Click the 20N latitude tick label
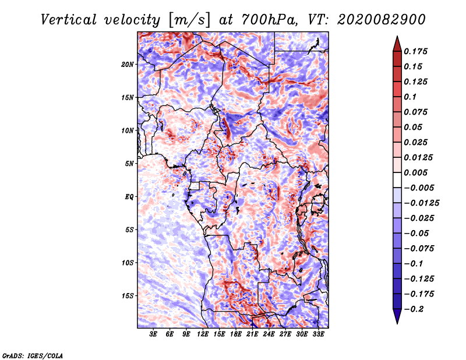point(128,65)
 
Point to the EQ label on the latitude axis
point(129,197)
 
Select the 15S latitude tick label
point(128,296)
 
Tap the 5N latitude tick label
point(129,164)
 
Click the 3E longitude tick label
point(153,334)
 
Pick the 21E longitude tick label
point(252,334)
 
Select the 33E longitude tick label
point(318,334)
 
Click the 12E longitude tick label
point(203,334)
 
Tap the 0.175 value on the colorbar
point(415,51)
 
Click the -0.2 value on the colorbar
point(414,309)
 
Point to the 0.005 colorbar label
point(415,172)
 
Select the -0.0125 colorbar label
point(421,203)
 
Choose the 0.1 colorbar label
point(410,97)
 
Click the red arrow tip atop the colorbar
point(397,36)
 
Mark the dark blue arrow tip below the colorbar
point(397,323)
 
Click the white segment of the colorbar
point(397,180)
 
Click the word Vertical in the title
point(69,20)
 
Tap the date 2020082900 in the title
point(381,20)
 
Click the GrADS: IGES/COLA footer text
point(33,355)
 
